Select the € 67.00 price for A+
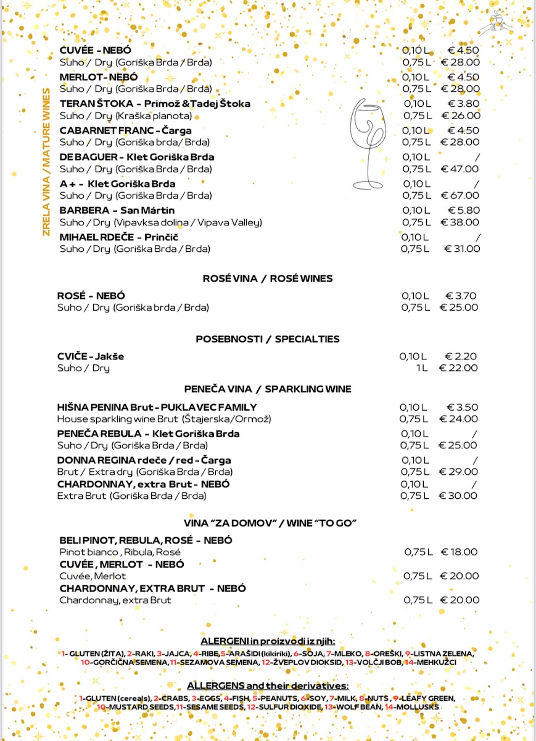460,196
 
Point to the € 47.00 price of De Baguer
460,169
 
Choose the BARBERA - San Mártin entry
117,211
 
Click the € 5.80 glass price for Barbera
463,211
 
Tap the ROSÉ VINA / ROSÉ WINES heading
268,278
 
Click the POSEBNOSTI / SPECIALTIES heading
268,339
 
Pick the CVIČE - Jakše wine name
91,356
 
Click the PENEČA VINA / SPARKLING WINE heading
268,389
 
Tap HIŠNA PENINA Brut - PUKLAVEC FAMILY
157,407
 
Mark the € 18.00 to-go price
460,552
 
